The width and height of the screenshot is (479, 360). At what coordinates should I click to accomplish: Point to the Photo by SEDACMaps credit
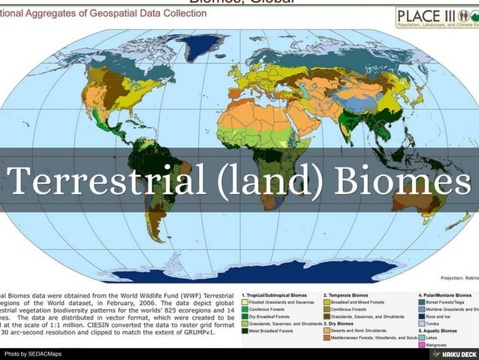click(x=34, y=353)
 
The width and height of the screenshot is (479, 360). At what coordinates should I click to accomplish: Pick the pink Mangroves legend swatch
click(x=423, y=345)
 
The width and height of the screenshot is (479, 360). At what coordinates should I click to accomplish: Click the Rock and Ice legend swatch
click(x=423, y=316)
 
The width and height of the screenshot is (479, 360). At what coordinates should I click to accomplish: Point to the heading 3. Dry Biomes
click(x=342, y=324)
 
